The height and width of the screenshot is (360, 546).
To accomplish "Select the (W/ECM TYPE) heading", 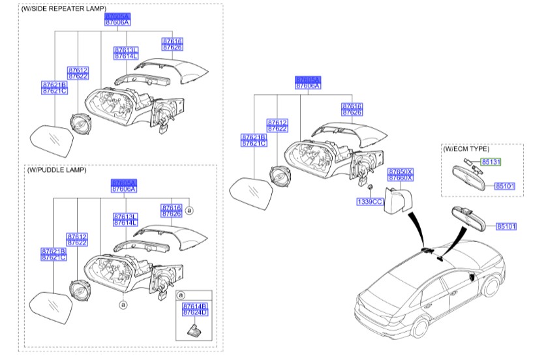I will [466, 149].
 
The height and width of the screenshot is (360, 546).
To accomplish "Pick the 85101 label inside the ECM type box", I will [504, 186].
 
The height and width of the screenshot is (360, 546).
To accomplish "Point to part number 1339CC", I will [368, 202].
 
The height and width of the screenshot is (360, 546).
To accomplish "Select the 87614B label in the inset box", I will [194, 305].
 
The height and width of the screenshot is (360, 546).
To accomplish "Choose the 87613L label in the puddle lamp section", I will [125, 216].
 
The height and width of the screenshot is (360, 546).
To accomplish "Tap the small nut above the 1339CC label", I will [369, 189].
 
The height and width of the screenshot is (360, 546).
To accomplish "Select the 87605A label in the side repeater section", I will [117, 15].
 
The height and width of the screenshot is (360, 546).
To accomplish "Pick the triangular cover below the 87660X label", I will [397, 200].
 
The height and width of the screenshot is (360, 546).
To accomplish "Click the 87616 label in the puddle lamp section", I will [172, 207].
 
